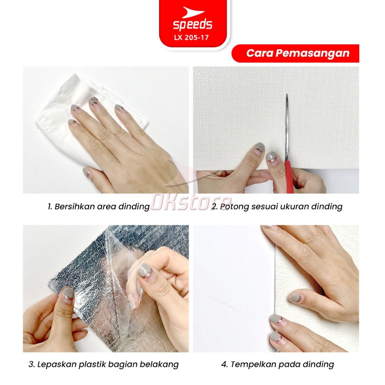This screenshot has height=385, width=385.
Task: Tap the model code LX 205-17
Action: click(191, 38)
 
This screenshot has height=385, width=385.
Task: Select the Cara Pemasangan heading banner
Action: click(295, 53)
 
